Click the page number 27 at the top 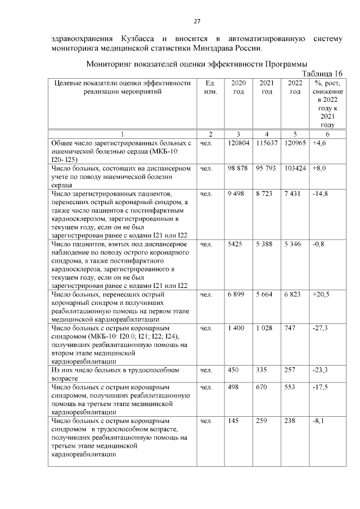197,22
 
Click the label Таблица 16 322,74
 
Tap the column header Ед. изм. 210,87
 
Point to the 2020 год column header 238,87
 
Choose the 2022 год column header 295,87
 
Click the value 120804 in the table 238,144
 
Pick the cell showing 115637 267,144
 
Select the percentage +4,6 320,144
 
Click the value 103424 295,168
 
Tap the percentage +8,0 320,168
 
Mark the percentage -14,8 321,194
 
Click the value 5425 235,245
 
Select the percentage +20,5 322,295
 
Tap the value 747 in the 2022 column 290,327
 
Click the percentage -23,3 321,371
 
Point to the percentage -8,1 319,420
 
